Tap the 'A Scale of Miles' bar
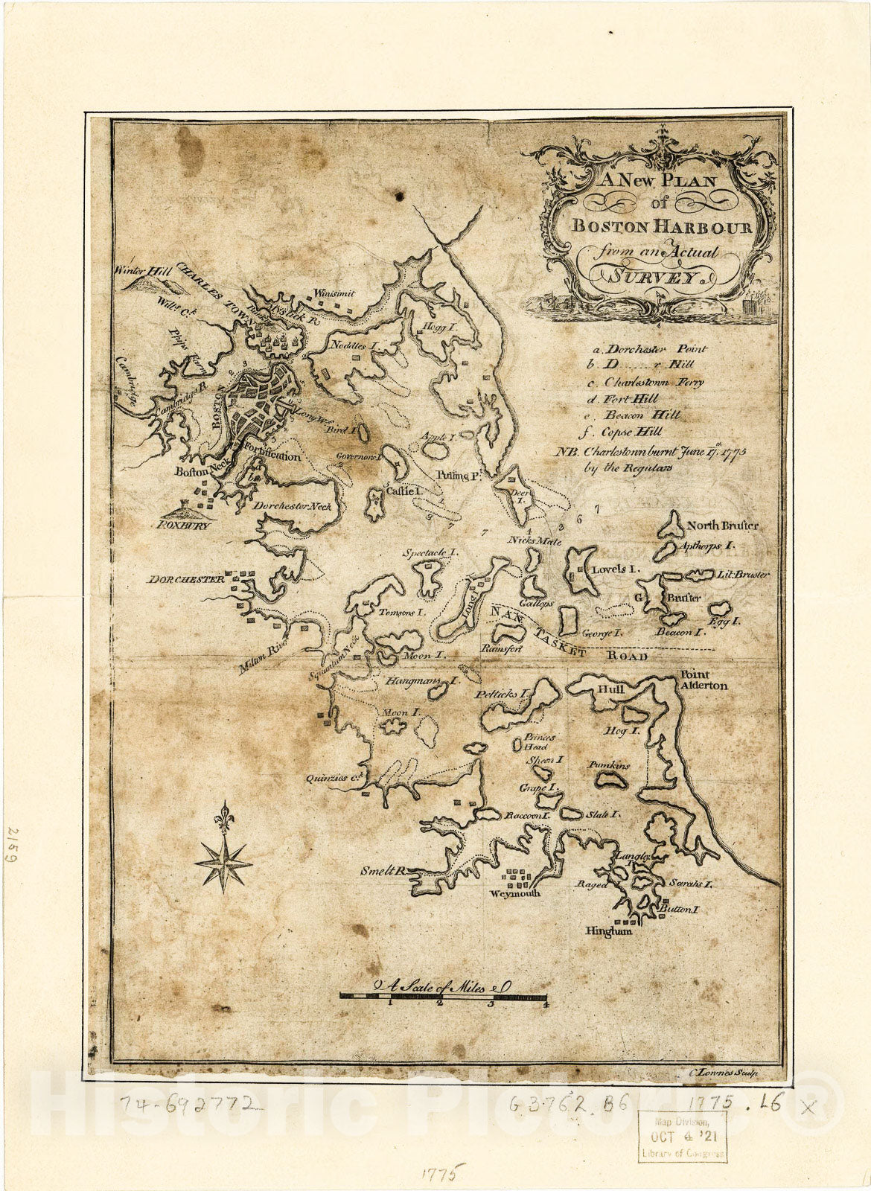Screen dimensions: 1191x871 (443, 996)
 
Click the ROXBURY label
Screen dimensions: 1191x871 (183, 525)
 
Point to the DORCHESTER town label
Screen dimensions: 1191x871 (185, 579)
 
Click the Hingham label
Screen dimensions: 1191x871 (608, 930)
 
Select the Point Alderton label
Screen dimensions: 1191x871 (702, 680)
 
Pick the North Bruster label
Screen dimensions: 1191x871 (722, 526)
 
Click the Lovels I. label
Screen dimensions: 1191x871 (616, 569)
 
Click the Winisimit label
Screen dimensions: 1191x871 (334, 293)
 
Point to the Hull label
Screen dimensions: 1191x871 (610, 689)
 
